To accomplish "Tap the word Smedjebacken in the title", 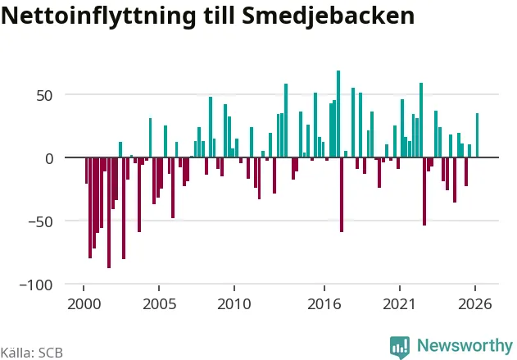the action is click(328, 16).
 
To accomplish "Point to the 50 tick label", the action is click(44, 96).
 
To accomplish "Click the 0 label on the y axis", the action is click(49, 159).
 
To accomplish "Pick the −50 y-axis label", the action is click(40, 222).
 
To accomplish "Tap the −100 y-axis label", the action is click(36, 285).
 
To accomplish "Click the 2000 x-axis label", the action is click(84, 304).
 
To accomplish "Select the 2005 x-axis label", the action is click(159, 304).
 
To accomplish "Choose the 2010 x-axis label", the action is click(234, 304).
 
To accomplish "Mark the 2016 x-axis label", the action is click(324, 304).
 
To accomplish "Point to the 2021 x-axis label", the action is click(400, 304).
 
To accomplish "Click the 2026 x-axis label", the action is click(475, 304).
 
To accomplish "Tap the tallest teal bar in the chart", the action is click(338, 114).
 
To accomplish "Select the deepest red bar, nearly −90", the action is click(109, 213).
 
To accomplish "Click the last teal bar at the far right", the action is click(477, 135).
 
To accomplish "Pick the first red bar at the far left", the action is click(86, 171).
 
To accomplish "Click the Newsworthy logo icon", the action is click(400, 348).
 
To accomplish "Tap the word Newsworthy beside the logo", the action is click(465, 345).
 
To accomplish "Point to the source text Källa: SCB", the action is click(32, 353).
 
